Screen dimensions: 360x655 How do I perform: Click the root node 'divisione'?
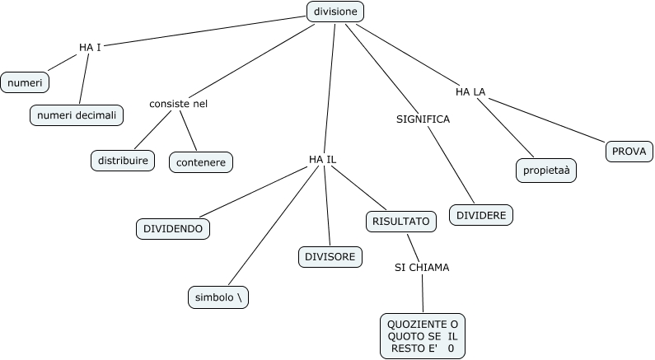click(335, 12)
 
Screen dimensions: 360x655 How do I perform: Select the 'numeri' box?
click(25, 82)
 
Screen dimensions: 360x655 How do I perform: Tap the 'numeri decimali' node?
click(77, 115)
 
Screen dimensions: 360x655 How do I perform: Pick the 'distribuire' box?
click(122, 160)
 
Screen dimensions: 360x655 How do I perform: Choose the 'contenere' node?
click(201, 161)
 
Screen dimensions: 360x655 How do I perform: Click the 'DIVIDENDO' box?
click(172, 228)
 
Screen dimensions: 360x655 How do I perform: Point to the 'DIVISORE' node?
click(330, 256)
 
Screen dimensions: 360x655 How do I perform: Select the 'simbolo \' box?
click(218, 297)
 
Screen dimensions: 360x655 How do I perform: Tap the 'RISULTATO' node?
click(400, 221)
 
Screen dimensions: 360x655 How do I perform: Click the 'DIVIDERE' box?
click(482, 214)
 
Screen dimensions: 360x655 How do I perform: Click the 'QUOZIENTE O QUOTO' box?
click(422, 336)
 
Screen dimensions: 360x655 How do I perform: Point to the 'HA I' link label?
click(90, 47)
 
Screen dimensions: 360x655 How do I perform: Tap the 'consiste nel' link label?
click(178, 103)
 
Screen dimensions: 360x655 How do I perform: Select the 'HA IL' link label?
click(322, 158)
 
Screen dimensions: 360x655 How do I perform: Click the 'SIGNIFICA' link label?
click(423, 119)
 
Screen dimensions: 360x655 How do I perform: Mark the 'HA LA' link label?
click(470, 91)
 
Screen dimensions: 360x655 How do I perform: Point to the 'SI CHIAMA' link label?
click(422, 267)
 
